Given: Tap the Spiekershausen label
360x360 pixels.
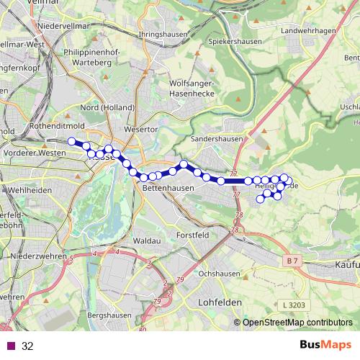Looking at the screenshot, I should pos(229,42).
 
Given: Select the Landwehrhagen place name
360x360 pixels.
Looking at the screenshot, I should pos(310,31).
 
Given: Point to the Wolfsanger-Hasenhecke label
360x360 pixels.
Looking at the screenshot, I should pos(194,89).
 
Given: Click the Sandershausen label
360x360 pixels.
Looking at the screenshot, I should pos(215,138).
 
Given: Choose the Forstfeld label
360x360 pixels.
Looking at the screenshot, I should pos(193,235).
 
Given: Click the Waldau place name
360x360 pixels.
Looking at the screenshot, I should pos(146,240).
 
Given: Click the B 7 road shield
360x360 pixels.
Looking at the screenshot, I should pos(292,260).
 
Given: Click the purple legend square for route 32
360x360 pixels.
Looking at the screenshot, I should pos(11,346).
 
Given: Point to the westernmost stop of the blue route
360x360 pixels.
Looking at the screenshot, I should pos(71,141).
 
